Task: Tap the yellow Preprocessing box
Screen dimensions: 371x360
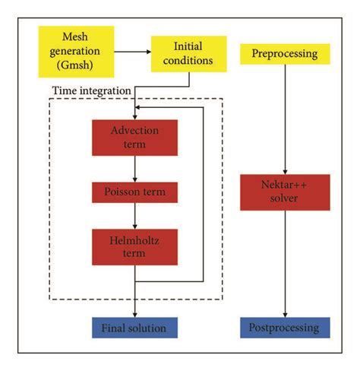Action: pos(284,53)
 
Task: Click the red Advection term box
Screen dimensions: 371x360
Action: pos(134,137)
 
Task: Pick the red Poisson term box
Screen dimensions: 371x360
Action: pos(134,192)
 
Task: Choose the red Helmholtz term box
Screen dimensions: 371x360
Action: pos(134,249)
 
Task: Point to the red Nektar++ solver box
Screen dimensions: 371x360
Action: pos(284,192)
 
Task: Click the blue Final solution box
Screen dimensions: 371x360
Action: pos(134,328)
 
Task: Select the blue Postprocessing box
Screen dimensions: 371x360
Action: pos(284,328)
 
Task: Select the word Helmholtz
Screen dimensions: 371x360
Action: pos(134,242)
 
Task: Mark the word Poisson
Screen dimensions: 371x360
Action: pos(122,192)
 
